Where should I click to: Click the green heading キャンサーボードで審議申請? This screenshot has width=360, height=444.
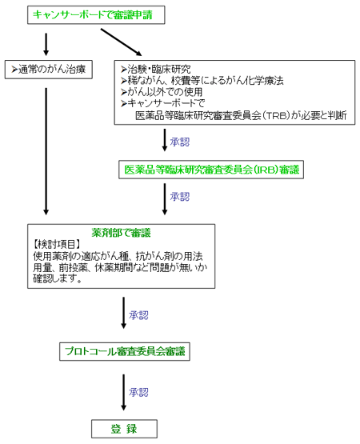pos(93,14)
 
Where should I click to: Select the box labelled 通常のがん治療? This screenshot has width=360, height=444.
pos(49,70)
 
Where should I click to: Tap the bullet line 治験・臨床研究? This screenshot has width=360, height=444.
pos(156,69)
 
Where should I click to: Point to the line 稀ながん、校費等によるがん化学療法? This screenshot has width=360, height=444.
pos(202,81)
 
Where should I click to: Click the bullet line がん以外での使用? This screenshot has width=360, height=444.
pos(162,92)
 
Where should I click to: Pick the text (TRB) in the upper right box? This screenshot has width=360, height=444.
pos(275,115)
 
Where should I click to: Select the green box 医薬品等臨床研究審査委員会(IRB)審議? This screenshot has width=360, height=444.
pos(211,170)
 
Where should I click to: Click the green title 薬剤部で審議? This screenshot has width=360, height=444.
pos(122,233)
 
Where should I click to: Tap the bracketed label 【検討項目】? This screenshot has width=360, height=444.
pos(56,244)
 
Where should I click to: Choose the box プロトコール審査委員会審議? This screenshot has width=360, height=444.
pos(125,351)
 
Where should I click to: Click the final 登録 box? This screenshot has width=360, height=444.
pos(124,429)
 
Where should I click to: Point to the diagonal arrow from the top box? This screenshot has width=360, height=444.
pos(122,42)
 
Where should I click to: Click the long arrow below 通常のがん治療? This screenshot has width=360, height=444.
pos(46,151)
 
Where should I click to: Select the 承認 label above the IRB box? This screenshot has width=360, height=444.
pos(180,142)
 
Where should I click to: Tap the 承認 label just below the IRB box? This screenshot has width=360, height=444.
pos(180,197)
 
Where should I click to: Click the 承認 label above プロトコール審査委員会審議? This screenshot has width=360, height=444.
pos(138,315)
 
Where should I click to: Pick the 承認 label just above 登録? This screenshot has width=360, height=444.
pos(138,392)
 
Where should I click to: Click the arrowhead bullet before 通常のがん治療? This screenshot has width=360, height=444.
pos(14,70)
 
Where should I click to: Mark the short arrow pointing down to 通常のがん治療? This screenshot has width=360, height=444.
pos(46,45)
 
